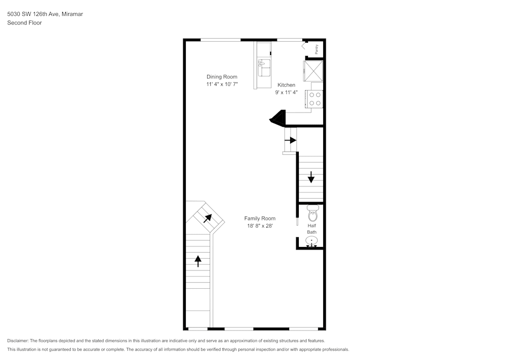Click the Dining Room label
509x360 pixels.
[221, 77]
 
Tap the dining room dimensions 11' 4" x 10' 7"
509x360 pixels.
[221, 84]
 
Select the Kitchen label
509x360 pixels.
[286, 85]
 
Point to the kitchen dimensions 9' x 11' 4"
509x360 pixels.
[286, 93]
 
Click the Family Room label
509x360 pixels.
[260, 218]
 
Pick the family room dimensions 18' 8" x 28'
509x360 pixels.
[260, 226]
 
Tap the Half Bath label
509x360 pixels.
[312, 229]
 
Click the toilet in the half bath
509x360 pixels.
[312, 213]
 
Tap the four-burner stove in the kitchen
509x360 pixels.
[315, 99]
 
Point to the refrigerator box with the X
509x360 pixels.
[313, 70]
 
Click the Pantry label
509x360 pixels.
[317, 49]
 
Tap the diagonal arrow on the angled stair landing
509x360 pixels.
[208, 218]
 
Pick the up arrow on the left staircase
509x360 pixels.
[198, 261]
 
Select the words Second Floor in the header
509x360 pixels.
[24, 23]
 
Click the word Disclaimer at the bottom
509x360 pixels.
[18, 341]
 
